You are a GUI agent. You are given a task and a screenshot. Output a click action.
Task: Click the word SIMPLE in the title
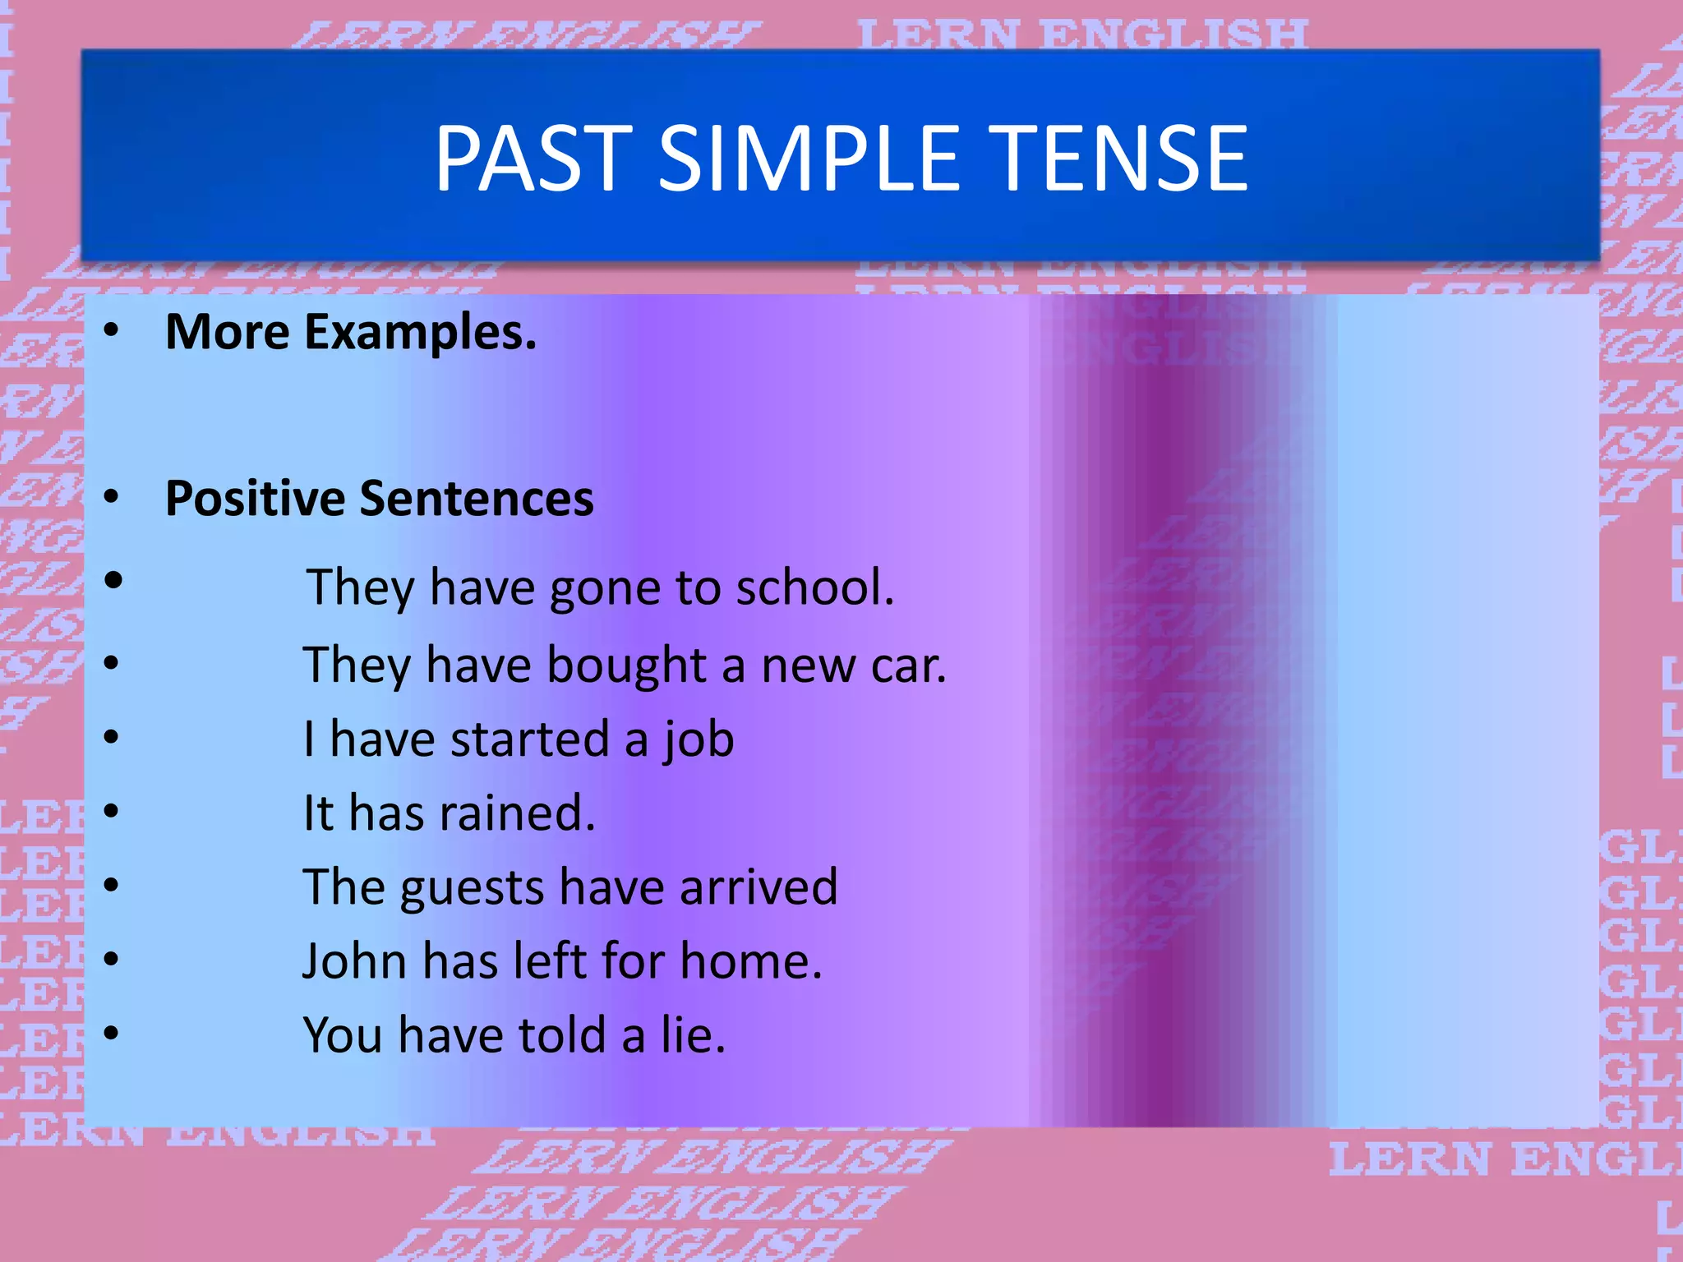[x=809, y=158]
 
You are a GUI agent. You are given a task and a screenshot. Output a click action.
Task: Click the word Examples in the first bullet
[x=420, y=333]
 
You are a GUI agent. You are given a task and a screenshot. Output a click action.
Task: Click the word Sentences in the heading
[x=477, y=499]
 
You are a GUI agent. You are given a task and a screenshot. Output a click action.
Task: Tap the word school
[x=814, y=587]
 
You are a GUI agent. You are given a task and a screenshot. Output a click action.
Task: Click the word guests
[x=473, y=888]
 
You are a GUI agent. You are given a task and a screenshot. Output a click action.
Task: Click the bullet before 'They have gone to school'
[x=113, y=581]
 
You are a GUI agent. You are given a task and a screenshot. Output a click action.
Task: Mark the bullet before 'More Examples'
[x=112, y=331]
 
